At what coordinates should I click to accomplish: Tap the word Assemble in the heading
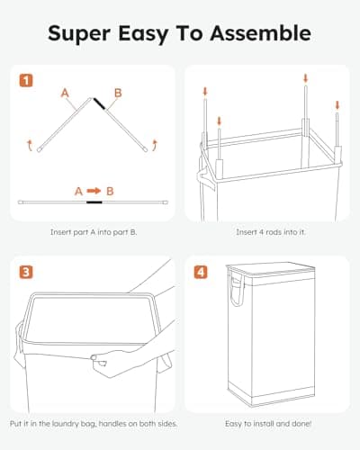[x=265, y=34]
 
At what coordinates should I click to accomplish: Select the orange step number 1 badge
[x=27, y=79]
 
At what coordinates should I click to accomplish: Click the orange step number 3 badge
[x=27, y=270]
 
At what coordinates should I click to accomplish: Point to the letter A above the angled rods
[x=64, y=92]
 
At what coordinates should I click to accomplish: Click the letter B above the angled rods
[x=118, y=92]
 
